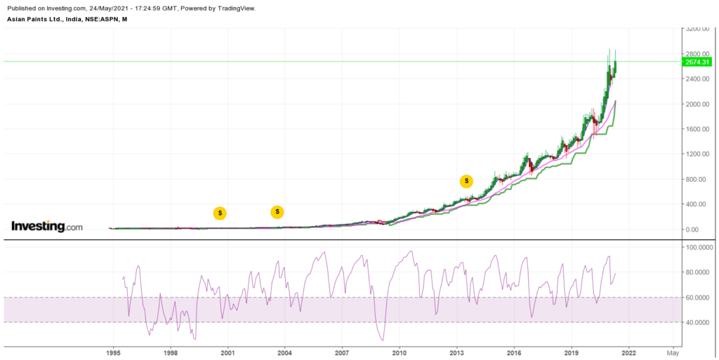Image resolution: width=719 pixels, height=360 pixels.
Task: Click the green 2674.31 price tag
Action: (x=697, y=62)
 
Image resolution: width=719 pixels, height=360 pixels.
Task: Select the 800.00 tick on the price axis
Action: (x=697, y=179)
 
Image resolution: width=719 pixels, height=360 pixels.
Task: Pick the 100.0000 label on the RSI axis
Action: (x=699, y=248)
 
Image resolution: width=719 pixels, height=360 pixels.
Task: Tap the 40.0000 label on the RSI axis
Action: (x=699, y=323)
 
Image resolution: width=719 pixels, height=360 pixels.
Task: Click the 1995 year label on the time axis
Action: (x=113, y=352)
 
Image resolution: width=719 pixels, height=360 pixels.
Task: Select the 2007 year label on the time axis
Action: (x=342, y=352)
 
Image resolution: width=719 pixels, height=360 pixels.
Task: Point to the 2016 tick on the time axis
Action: (x=514, y=352)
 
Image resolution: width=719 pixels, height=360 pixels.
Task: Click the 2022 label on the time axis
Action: (x=628, y=352)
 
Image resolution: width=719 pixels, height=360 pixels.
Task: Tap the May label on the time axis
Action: (x=673, y=352)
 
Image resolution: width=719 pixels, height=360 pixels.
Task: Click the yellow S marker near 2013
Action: (x=466, y=181)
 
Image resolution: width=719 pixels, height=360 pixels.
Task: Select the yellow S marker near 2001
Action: (x=220, y=213)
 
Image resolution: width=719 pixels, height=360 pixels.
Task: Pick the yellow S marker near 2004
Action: (x=277, y=211)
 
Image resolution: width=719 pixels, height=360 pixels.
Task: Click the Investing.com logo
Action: (x=47, y=227)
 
